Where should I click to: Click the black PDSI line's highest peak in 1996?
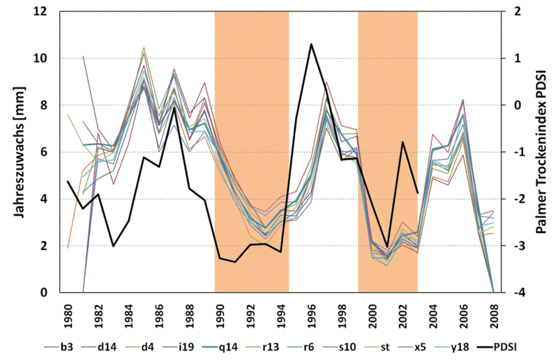(x=311, y=44)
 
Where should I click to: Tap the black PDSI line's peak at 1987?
(x=174, y=107)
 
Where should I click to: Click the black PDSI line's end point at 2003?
(x=417, y=193)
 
